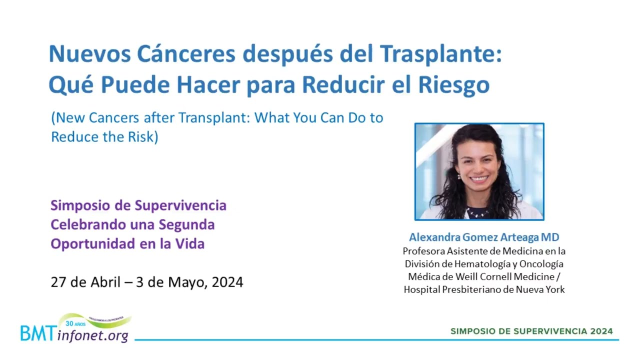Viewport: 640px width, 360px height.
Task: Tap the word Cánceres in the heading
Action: point(186,54)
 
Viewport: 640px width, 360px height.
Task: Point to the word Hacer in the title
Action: point(208,85)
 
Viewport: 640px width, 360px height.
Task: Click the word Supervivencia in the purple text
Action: point(180,206)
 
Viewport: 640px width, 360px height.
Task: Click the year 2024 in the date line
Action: point(227,282)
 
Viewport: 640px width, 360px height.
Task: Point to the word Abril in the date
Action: point(105,282)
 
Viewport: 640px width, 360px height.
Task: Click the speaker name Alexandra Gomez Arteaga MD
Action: point(484,237)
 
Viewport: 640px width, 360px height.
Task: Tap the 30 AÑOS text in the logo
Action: point(75,323)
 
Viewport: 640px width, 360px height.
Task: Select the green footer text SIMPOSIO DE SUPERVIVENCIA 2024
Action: point(531,331)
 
